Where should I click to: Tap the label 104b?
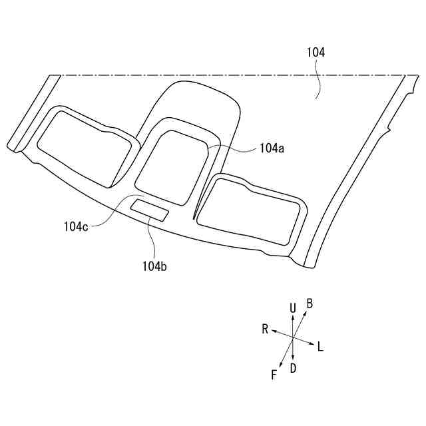click(154, 266)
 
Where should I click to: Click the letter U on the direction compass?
click(292, 308)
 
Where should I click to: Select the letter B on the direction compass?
click(310, 304)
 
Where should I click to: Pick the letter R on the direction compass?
click(265, 329)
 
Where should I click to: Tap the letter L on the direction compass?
click(321, 346)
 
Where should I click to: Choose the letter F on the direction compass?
click(274, 375)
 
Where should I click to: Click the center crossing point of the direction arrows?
click(293, 338)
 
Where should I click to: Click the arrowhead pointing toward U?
click(293, 317)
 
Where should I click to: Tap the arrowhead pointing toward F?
click(282, 365)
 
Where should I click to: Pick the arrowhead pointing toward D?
click(293, 359)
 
